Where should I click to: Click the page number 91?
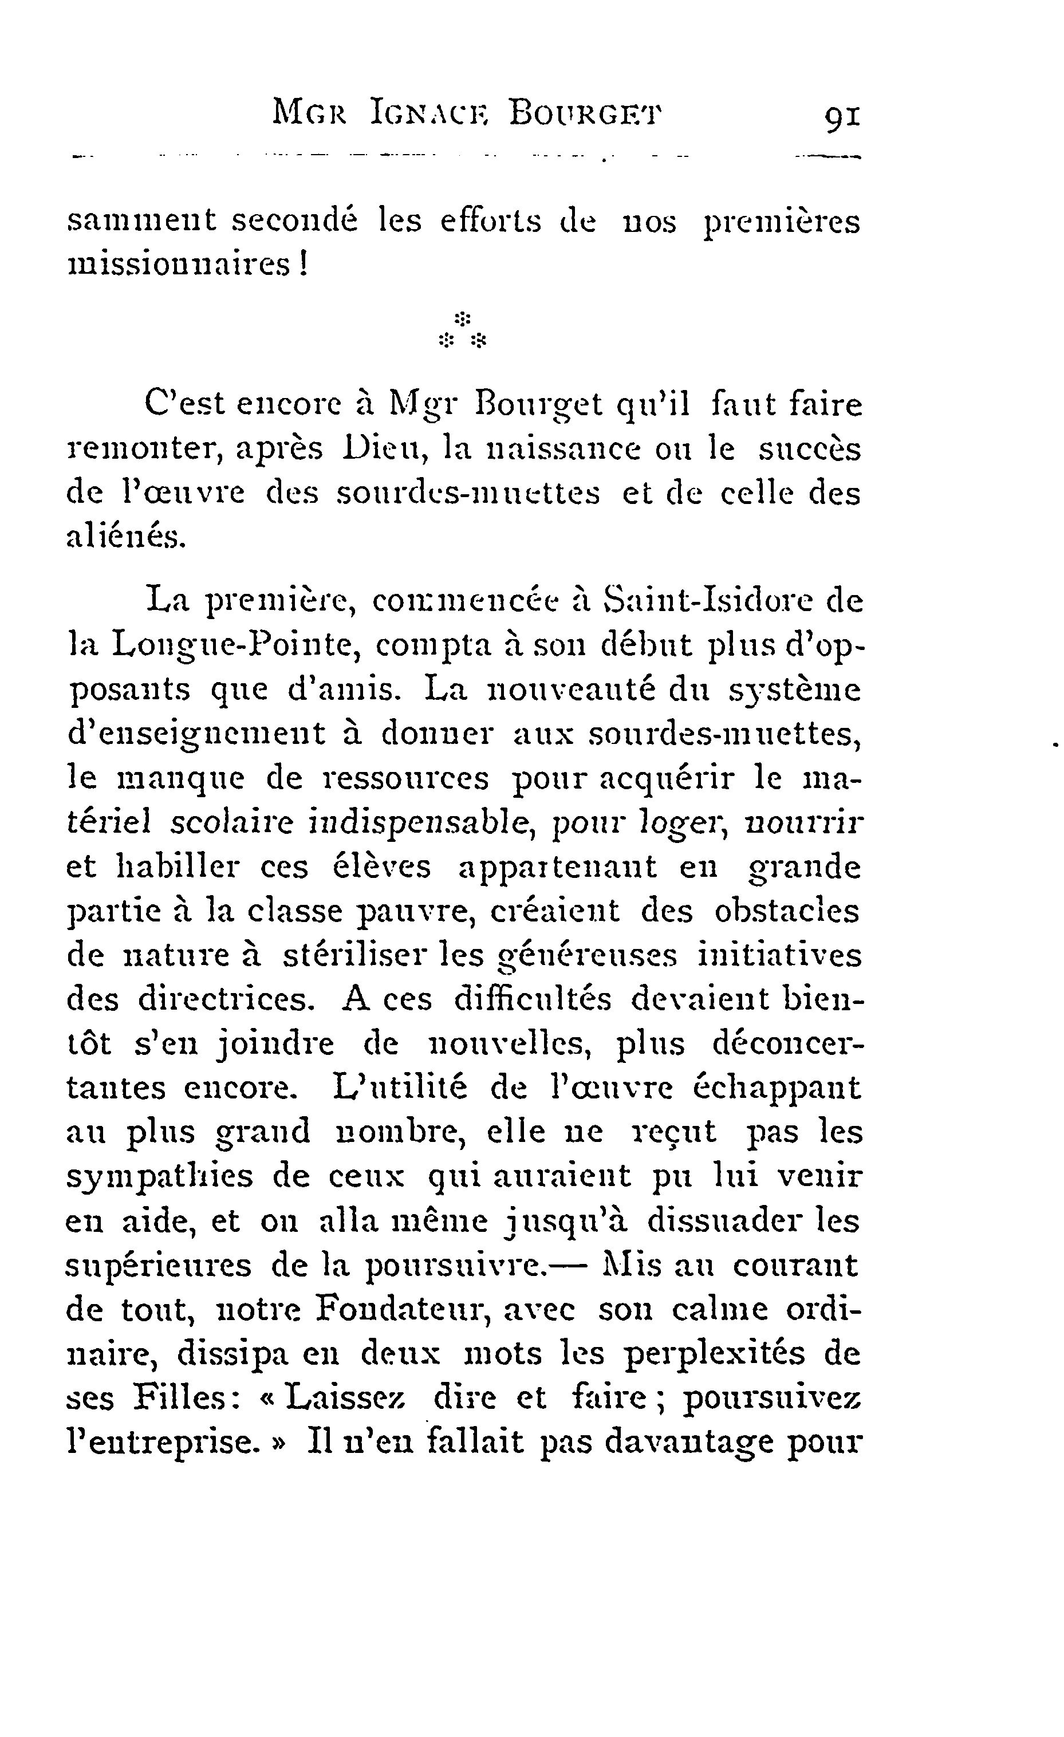tap(841, 116)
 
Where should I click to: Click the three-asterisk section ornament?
tap(463, 330)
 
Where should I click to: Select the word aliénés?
tap(127, 538)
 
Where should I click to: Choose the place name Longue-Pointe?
tap(236, 645)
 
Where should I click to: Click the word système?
tap(794, 690)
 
